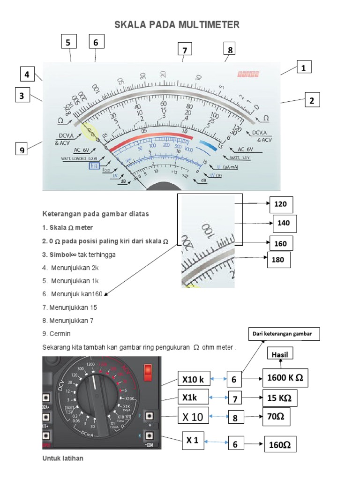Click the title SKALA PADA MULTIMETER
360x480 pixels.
click(177, 25)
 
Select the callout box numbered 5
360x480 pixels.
click(68, 42)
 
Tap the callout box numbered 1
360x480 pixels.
click(304, 68)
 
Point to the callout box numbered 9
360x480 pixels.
click(21, 150)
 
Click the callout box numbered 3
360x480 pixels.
click(21, 97)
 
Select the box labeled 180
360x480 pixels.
click(279, 260)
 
